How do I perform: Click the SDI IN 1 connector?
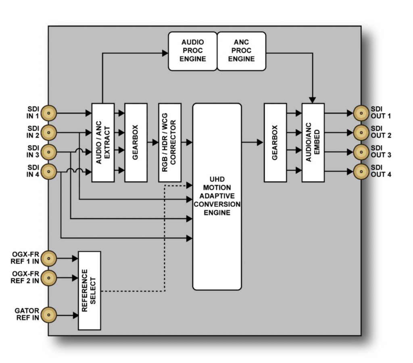pos(49,114)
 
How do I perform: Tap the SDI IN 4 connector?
pos(49,172)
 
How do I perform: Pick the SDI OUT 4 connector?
pos(361,172)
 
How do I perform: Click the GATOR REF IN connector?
pos(49,314)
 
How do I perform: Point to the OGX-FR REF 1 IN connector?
pos(49,258)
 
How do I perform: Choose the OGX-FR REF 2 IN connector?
pos(49,277)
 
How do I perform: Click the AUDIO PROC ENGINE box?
pos(193,51)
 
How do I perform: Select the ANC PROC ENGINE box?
pos(242,51)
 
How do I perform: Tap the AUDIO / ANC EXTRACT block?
pos(103,142)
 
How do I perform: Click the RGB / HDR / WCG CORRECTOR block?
pos(169,142)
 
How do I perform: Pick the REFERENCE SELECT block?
pos(89,290)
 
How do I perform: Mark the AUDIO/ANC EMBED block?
pos(313,142)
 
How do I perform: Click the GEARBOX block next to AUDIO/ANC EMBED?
pos(275,142)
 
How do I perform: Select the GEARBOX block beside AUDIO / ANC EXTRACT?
pos(136,142)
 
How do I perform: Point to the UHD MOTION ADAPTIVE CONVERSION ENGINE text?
pos(217,196)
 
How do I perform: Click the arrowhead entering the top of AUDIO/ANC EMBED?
pos(313,100)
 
